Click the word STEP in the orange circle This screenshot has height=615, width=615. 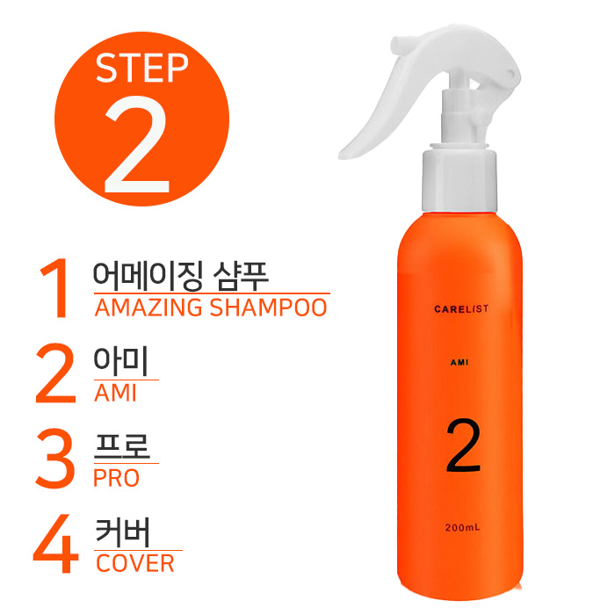tap(142, 68)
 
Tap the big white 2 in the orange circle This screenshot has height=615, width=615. tap(137, 144)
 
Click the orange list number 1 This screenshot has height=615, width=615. tap(54, 287)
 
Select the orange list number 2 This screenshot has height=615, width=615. tap(55, 373)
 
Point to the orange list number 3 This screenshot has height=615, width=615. tap(55, 459)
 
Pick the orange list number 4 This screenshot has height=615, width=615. tap(55, 544)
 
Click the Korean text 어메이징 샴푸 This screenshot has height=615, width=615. tap(180, 275)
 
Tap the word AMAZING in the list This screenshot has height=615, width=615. tap(148, 307)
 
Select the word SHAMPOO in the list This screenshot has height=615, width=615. tap(268, 307)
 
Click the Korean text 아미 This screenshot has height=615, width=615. tap(120, 361)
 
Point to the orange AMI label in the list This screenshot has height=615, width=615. tap(115, 393)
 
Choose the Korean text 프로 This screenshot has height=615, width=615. tap(122, 446)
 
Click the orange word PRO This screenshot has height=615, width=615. tap(117, 478)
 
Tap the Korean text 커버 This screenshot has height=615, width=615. tap(123, 532)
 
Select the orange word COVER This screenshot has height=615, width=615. tap(135, 564)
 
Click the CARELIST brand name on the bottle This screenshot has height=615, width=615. tap(461, 309)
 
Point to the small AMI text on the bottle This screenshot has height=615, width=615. tap(459, 362)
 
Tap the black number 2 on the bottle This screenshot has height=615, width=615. tap(463, 445)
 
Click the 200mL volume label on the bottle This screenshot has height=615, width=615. tap(462, 527)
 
